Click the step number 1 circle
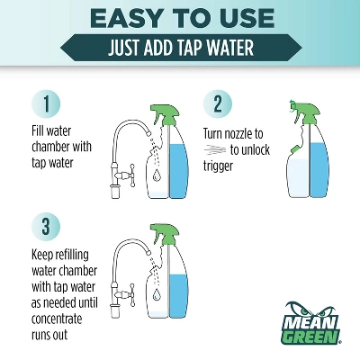point(46,103)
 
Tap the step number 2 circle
point(218,103)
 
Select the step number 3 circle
point(46,227)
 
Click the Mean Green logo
point(310,323)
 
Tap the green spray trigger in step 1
point(166,115)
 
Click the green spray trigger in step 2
point(305,112)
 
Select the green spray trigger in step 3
point(165,235)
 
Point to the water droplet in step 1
point(156,175)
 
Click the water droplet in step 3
point(156,295)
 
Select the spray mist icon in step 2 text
point(216,149)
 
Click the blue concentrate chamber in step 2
point(319,170)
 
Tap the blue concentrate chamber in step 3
point(179,296)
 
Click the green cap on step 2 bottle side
point(293,148)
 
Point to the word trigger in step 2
point(218,166)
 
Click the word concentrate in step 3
point(57,319)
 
